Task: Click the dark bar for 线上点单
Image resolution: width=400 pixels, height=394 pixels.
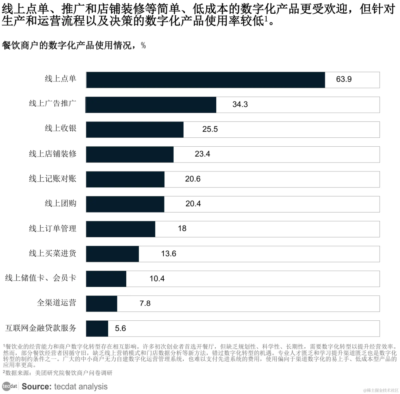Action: coord(206,80)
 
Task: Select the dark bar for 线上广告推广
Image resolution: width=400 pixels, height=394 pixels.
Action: coord(151,105)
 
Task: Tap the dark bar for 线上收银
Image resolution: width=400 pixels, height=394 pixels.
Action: coord(135,130)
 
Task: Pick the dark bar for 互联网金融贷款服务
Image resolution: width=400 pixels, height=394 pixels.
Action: coord(97,328)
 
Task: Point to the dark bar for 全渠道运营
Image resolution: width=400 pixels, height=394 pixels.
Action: coord(102,304)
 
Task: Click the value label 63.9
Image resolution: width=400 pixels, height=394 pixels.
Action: coord(344,80)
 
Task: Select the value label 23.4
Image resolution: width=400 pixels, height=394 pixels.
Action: coord(202,154)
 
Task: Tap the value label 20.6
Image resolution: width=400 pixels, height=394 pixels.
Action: coord(193,179)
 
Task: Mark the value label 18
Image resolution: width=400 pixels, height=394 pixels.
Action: coord(182,229)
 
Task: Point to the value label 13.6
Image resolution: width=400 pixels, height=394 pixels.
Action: coord(169,254)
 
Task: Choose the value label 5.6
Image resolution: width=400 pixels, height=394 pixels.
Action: coord(121,328)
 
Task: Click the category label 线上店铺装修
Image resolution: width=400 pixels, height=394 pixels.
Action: coord(53,154)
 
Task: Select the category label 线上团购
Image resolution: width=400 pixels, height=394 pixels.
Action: coord(60,204)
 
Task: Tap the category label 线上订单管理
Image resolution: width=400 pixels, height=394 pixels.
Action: coord(53,228)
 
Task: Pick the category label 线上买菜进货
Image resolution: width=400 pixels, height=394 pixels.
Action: coord(53,253)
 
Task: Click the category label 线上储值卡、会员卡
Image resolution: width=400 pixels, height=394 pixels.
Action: coord(40,278)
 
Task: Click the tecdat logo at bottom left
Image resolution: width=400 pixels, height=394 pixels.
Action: coord(10,386)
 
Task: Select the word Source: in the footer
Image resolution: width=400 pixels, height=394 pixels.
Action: coord(36,386)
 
